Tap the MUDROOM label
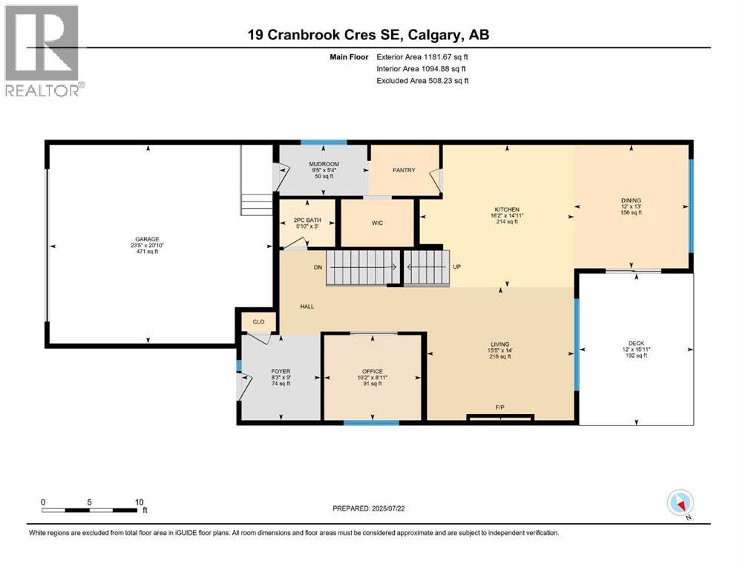(x=324, y=164)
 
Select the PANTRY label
(x=403, y=170)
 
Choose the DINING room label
(x=631, y=200)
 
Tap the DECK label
(x=636, y=343)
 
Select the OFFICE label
(x=371, y=370)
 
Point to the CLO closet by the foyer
(x=258, y=322)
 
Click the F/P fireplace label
(x=499, y=407)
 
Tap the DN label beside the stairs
(x=318, y=266)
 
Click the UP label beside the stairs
(x=457, y=266)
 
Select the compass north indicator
(x=681, y=502)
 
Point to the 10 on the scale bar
(x=139, y=502)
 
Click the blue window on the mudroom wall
(x=324, y=142)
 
